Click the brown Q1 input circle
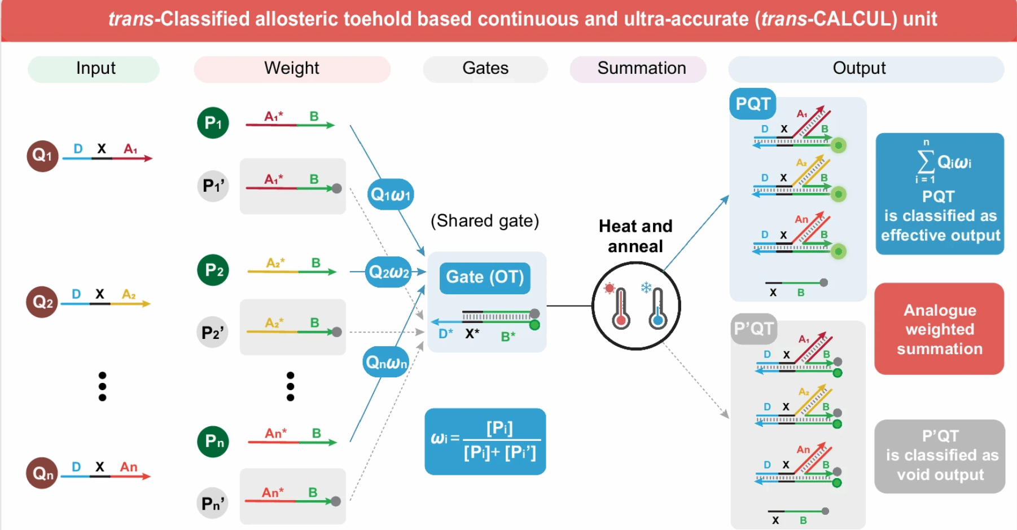point(42,156)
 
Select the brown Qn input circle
point(42,473)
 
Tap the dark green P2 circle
point(213,270)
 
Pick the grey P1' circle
point(213,185)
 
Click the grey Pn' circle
point(213,503)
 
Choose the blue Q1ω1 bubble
point(390,195)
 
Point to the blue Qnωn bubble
point(386,363)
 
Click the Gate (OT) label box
point(485,277)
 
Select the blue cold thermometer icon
point(657,307)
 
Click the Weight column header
point(292,69)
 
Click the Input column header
point(95,69)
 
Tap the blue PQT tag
point(752,104)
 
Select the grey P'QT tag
point(753,329)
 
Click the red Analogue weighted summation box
point(939,329)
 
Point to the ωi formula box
point(485,441)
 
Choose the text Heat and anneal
point(635,236)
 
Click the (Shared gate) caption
point(484,221)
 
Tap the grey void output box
point(940,456)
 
